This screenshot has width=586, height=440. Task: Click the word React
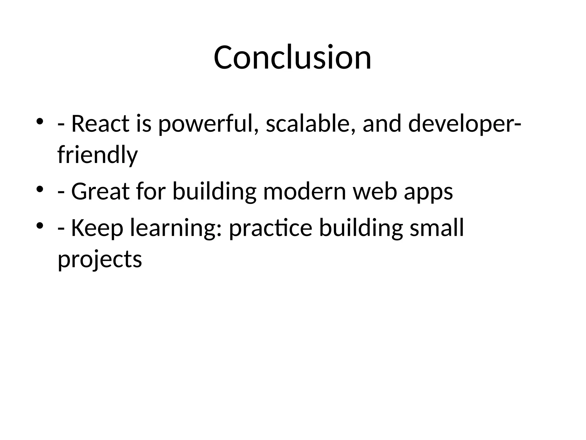click(100, 124)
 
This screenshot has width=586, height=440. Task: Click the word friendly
click(98, 156)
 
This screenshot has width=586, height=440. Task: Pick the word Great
click(100, 191)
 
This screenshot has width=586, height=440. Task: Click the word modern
click(304, 191)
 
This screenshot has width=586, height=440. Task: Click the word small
click(437, 228)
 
